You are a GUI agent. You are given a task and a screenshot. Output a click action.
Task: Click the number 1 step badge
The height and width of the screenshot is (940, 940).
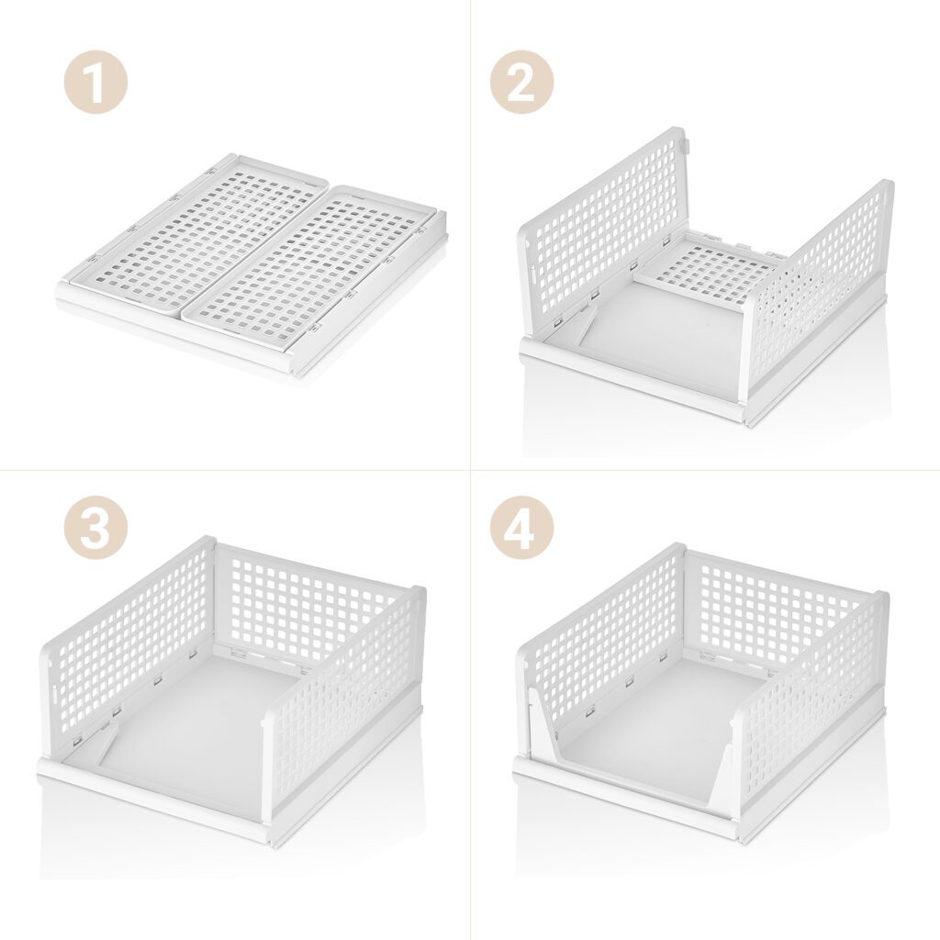click(95, 83)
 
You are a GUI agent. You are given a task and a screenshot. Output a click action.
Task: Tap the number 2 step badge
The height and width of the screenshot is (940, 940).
click(521, 83)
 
